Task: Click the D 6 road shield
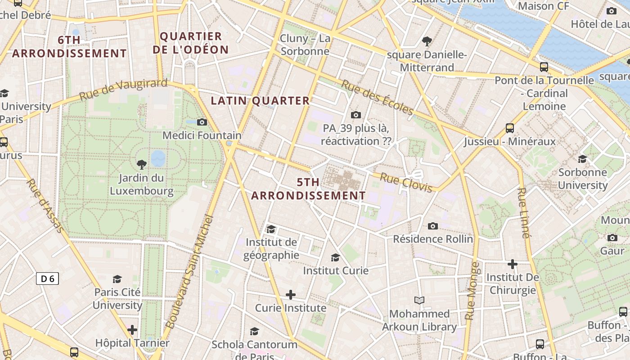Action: point(47,279)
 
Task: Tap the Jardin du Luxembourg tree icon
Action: point(141,164)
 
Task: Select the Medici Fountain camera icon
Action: point(202,122)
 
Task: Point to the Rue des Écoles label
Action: point(377,97)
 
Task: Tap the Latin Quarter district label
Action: point(260,101)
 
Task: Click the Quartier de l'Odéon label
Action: point(190,43)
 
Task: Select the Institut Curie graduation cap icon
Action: point(335,257)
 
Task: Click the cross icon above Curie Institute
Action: point(291,295)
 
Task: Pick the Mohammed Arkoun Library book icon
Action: point(419,300)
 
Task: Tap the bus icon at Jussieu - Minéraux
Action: point(509,128)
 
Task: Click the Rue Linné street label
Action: point(522,213)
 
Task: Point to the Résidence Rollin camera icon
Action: point(433,226)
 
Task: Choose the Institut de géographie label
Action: point(271,249)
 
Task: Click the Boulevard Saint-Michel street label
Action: point(189,272)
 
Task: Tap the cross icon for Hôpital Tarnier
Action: point(132,330)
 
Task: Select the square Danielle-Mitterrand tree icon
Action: point(427,42)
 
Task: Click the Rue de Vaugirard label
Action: point(123,89)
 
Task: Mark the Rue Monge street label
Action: point(471,291)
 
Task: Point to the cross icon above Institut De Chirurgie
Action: point(512,264)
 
